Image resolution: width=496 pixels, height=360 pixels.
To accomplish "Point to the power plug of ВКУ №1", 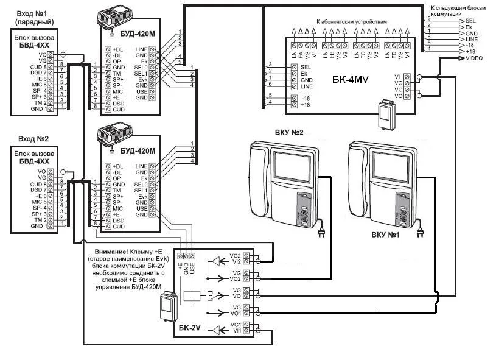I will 420,233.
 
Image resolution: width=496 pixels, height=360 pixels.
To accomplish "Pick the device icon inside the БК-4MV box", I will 385,115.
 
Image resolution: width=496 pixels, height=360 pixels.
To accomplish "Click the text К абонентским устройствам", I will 351,21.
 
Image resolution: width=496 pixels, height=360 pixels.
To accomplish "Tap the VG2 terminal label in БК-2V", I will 234,257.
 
